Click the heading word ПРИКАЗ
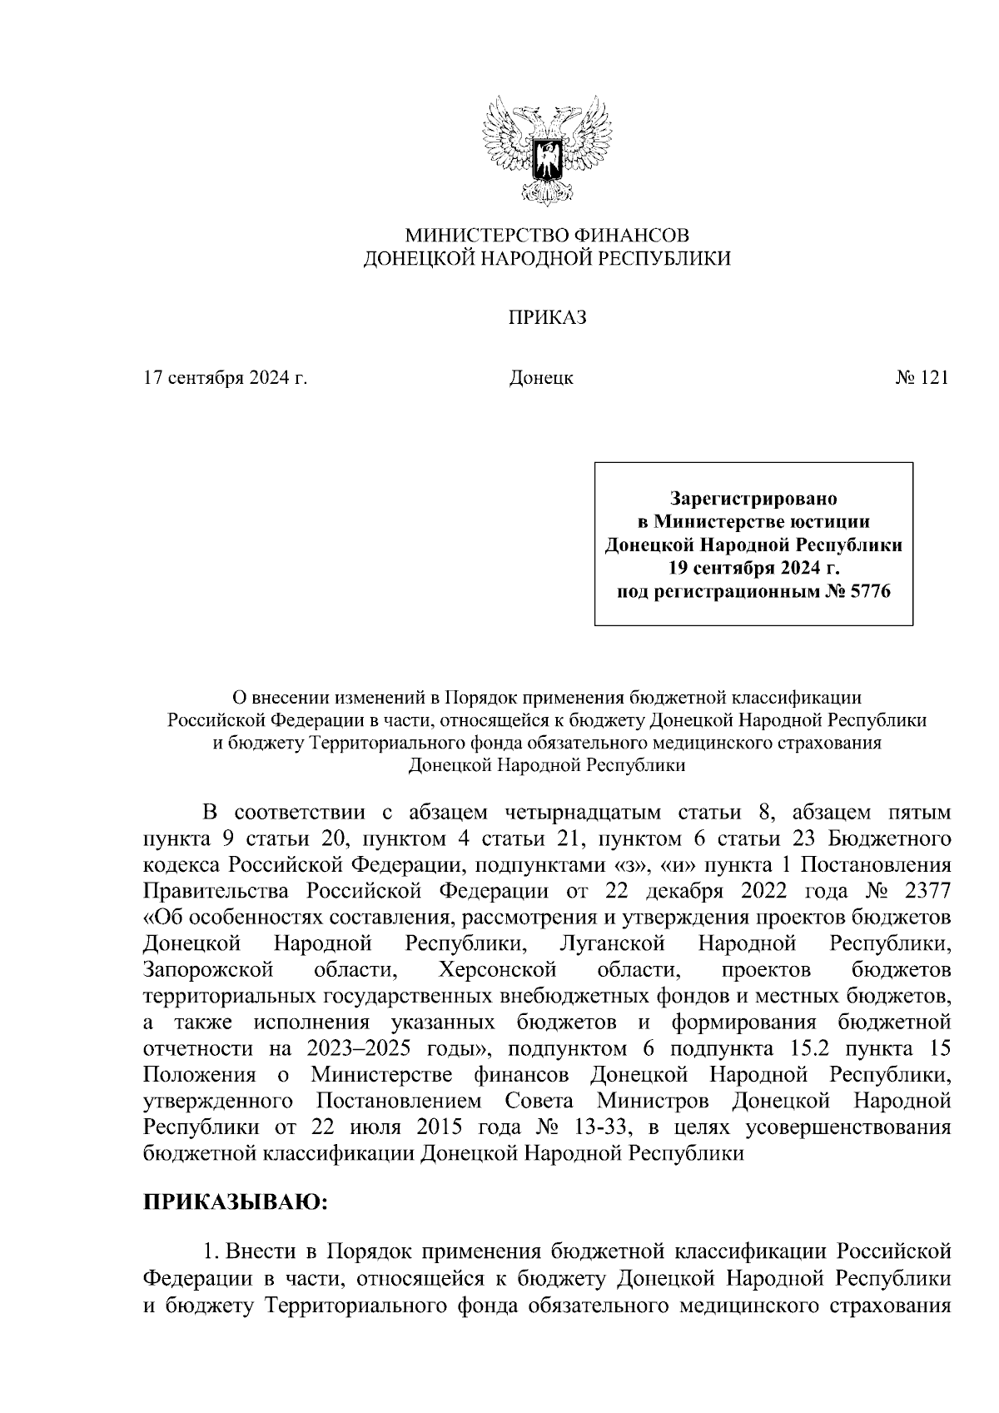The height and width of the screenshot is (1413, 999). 548,317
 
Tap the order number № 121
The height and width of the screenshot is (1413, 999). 922,378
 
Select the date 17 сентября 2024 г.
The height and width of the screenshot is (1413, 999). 226,378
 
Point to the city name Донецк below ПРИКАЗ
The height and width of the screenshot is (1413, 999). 541,378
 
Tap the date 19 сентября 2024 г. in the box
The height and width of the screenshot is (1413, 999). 753,569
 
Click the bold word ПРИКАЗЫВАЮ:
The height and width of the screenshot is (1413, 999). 236,1202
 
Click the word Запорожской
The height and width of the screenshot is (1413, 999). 208,970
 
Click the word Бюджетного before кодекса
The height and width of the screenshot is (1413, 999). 886,838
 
